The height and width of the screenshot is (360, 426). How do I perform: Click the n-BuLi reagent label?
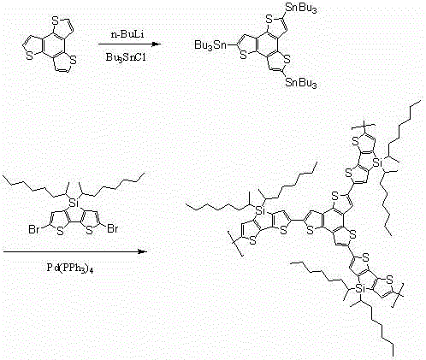tap(127, 35)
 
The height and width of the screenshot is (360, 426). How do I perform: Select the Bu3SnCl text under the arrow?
tap(126, 57)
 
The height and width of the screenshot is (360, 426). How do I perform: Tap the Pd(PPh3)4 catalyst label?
tap(70, 268)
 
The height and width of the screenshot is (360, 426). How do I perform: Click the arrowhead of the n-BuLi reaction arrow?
tap(157, 44)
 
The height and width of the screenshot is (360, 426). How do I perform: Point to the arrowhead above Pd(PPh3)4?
tap(142, 251)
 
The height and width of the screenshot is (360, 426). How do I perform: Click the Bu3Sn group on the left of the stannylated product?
tap(210, 45)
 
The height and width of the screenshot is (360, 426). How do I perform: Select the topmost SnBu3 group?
tap(301, 8)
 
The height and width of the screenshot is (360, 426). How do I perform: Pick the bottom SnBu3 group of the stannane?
tap(301, 83)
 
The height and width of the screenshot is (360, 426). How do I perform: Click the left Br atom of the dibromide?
tap(34, 229)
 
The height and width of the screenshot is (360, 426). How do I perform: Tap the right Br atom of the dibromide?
tap(113, 229)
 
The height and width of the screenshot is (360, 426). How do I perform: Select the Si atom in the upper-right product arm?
tap(377, 162)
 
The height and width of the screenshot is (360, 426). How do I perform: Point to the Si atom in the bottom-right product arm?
tap(361, 290)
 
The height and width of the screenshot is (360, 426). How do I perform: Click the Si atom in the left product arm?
tap(259, 210)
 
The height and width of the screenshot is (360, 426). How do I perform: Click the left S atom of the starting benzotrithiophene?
tap(29, 56)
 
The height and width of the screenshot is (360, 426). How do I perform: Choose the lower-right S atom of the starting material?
tap(74, 60)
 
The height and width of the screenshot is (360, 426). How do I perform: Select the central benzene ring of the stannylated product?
tap(267, 44)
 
